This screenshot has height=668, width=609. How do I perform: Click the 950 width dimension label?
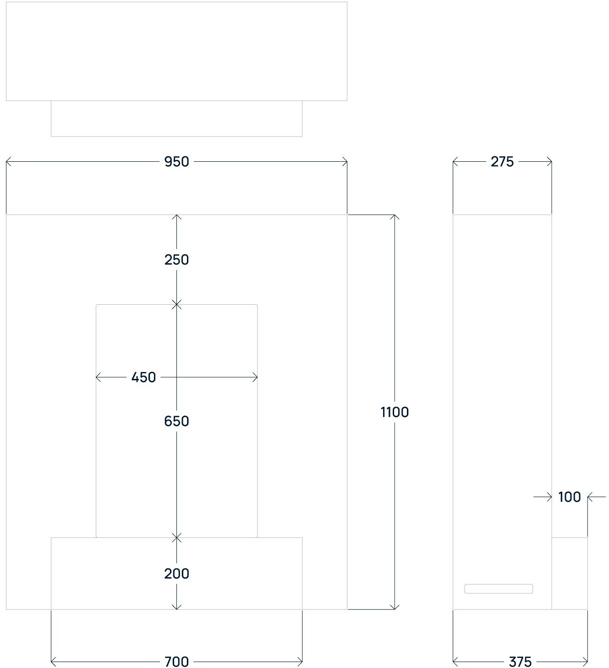tap(176, 162)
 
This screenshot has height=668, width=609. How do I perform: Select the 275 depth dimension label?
tap(502, 162)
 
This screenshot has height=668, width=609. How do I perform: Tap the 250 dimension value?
tap(176, 260)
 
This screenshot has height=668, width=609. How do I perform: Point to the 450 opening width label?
tap(143, 378)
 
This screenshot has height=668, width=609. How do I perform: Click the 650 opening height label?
tap(176, 421)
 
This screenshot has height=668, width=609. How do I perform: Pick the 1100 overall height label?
tap(395, 412)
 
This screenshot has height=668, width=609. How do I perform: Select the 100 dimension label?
tap(569, 497)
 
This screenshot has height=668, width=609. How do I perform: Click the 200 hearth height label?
tap(176, 574)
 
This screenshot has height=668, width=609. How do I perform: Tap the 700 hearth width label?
tap(176, 662)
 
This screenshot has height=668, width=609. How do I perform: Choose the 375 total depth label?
tap(520, 662)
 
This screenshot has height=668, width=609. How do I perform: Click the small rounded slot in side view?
tap(499, 589)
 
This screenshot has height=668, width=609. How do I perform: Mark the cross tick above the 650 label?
tap(176, 304)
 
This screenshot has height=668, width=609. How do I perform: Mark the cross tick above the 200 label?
tap(176, 537)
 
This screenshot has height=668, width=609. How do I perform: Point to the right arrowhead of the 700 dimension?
tap(300, 661)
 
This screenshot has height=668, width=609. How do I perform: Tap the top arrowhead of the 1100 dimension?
tap(395, 217)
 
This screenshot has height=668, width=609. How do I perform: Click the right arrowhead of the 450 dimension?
tap(255, 378)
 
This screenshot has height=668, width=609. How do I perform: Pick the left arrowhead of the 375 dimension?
tap(455, 661)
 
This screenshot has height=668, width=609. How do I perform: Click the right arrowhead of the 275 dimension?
tap(549, 162)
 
